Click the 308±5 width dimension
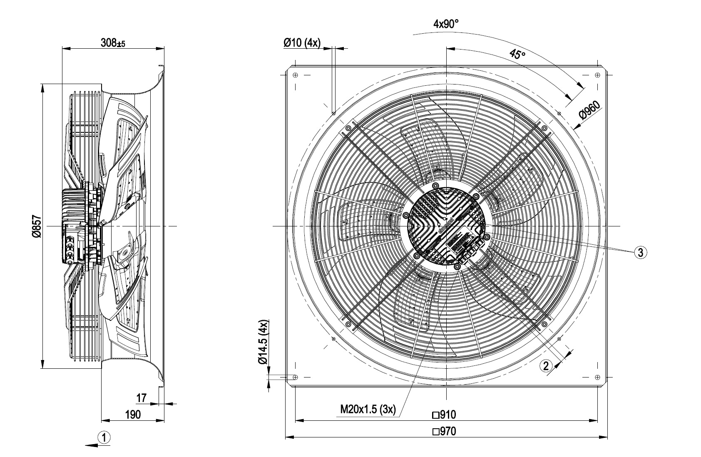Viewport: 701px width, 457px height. [x=113, y=42]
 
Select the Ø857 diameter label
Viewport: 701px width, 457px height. [x=36, y=226]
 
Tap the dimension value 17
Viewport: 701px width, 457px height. [x=142, y=398]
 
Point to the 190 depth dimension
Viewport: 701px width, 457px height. [x=133, y=414]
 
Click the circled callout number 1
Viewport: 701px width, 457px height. [x=104, y=437]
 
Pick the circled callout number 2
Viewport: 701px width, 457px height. [x=546, y=365]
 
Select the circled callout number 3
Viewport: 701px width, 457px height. [x=640, y=252]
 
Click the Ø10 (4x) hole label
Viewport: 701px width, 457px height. [x=302, y=43]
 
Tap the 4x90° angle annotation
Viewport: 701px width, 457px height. [x=446, y=24]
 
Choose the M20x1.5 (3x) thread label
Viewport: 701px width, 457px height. [x=368, y=410]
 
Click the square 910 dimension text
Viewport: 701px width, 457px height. [x=444, y=415]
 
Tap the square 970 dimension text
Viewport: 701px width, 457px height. [x=444, y=432]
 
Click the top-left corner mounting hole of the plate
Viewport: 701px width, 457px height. [x=295, y=75]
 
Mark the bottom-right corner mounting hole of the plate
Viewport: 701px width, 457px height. [x=598, y=377]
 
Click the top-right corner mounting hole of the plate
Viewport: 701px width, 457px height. [x=598, y=75]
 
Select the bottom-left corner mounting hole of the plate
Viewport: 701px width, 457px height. [x=295, y=377]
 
